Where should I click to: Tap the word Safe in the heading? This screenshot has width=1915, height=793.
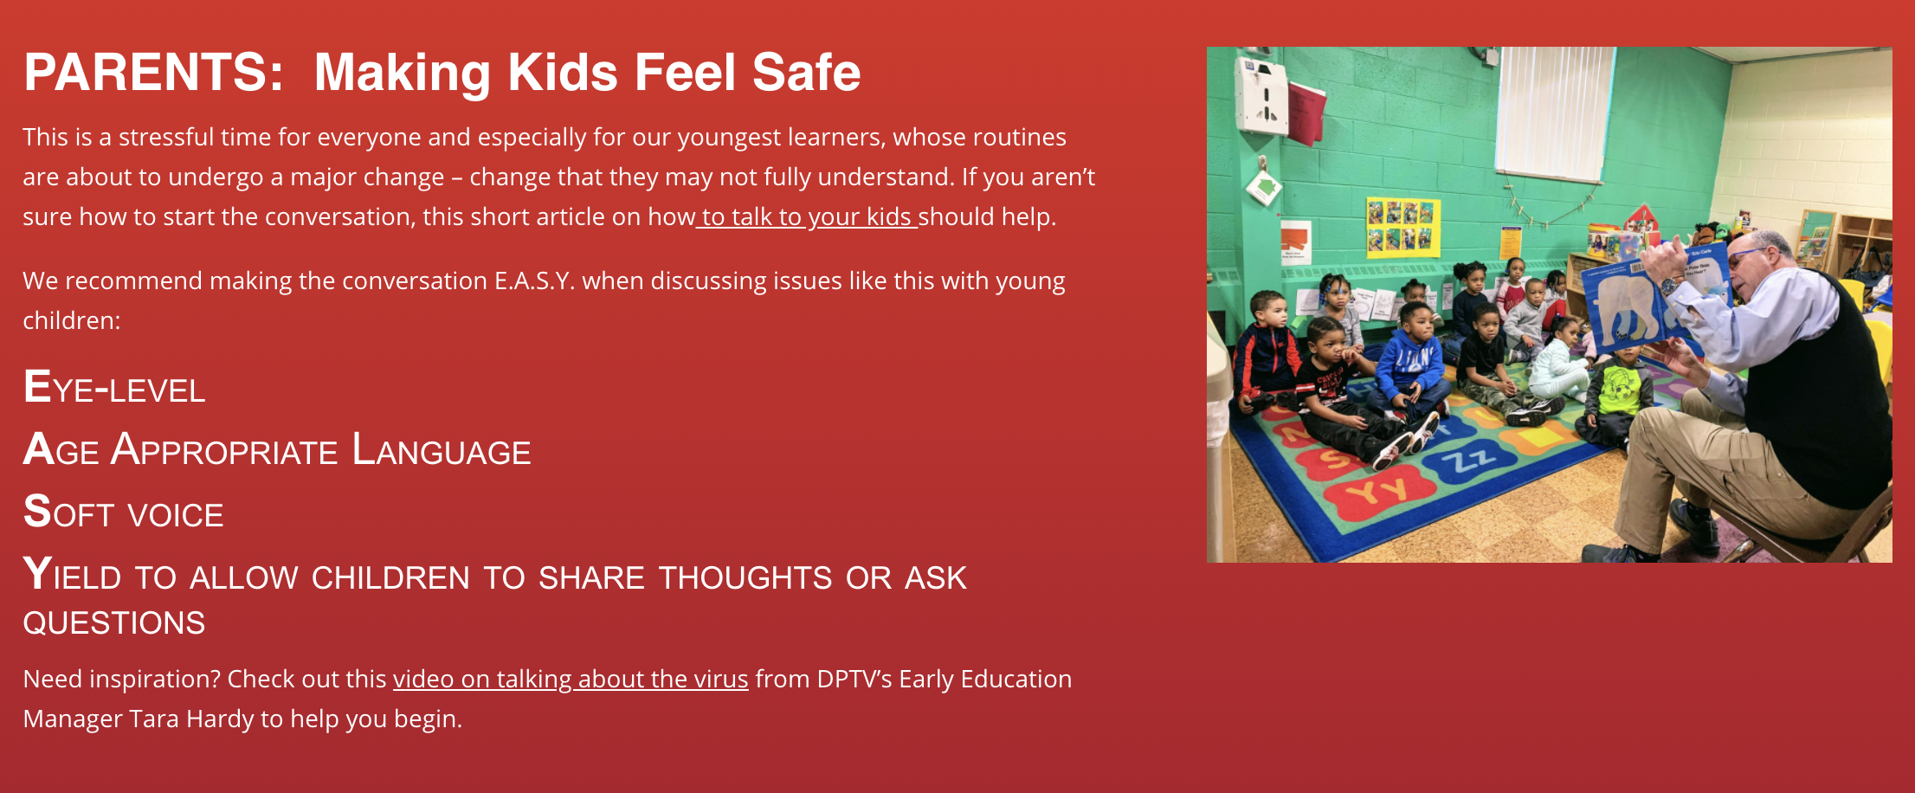tap(806, 72)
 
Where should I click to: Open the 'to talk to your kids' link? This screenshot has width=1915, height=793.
tap(807, 216)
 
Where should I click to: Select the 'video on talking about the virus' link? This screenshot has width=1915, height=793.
tap(571, 679)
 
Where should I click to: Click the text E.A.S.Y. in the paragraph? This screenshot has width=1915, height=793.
tap(534, 280)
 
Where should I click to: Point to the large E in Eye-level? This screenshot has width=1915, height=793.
tap(37, 386)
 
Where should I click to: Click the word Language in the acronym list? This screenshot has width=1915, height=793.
tap(442, 450)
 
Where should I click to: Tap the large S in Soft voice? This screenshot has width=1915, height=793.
tap(37, 511)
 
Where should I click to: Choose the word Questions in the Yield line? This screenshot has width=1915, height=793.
tap(114, 622)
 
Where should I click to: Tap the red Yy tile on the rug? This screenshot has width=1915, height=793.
tap(1378, 493)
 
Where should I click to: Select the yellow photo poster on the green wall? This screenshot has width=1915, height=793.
tap(1402, 227)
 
